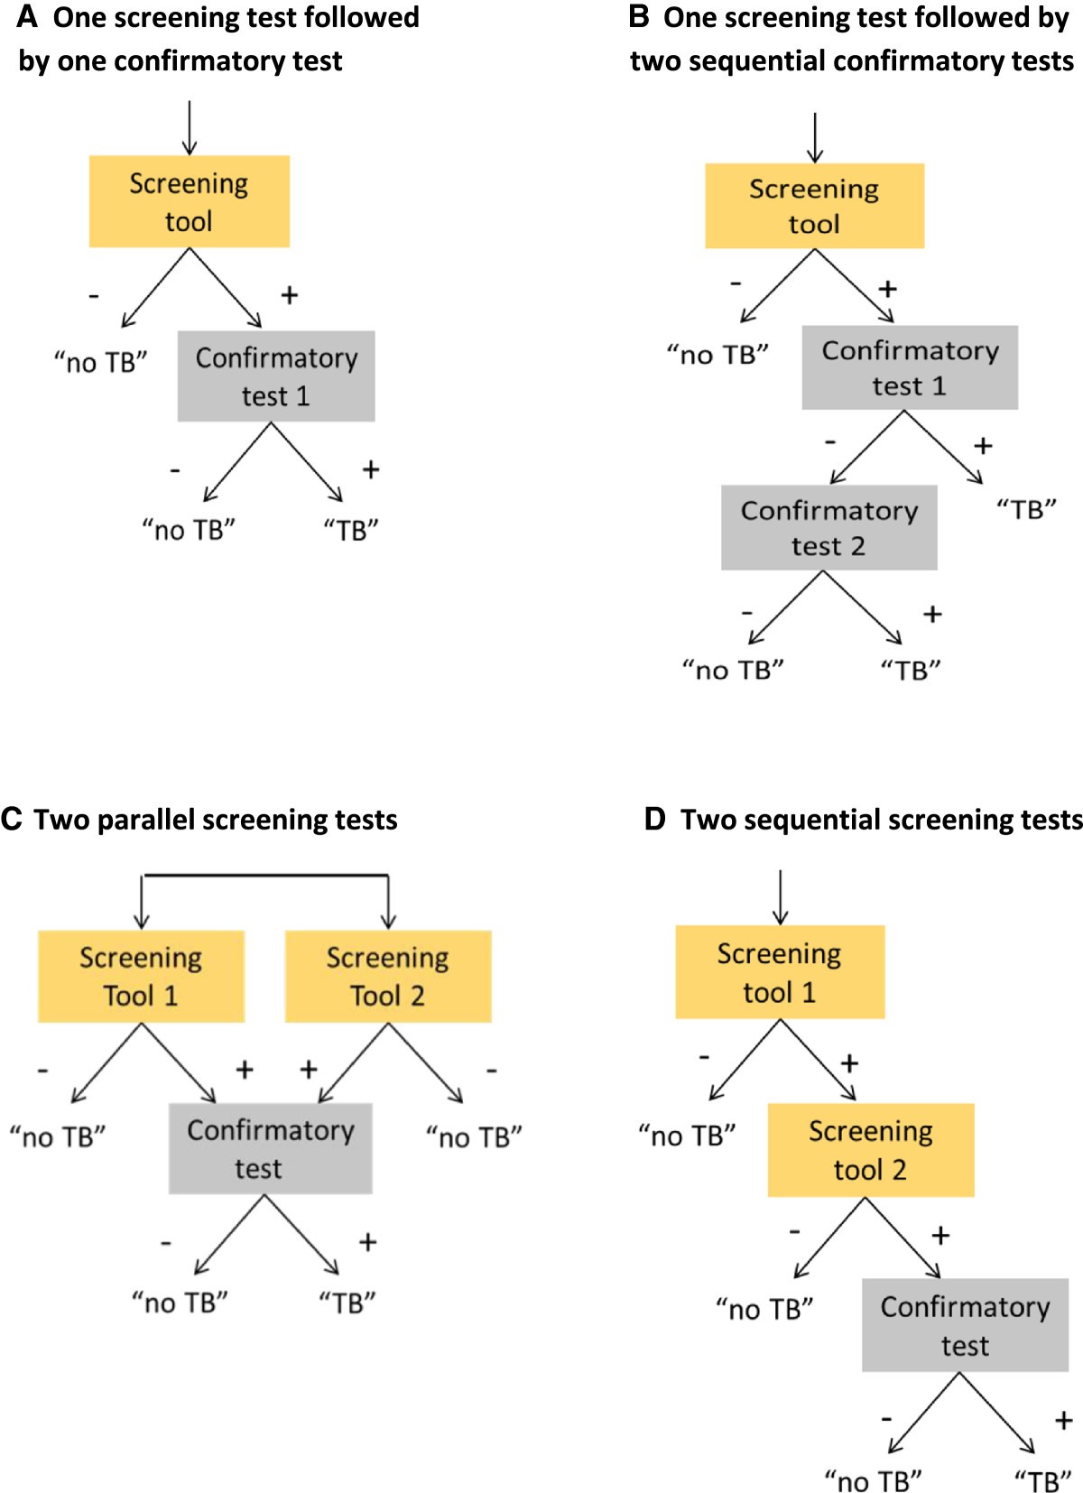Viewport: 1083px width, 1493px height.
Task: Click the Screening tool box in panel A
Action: click(189, 201)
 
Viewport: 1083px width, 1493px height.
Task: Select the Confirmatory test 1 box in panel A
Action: click(276, 376)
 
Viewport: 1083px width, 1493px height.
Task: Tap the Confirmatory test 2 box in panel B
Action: click(828, 528)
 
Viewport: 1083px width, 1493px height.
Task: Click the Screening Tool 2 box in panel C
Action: click(388, 977)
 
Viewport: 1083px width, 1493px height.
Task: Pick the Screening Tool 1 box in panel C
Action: click(141, 977)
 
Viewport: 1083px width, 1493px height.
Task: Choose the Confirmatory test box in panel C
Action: click(270, 1149)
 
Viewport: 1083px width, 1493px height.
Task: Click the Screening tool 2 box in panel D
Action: click(870, 1150)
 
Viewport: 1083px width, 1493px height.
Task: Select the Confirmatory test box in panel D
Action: click(965, 1325)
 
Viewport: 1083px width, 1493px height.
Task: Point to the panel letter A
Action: click(27, 16)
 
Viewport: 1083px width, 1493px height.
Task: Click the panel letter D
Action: click(654, 820)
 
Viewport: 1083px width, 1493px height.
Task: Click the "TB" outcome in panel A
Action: click(351, 530)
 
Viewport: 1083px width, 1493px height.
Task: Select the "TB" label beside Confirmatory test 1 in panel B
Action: click(1026, 510)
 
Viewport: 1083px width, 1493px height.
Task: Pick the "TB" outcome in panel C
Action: click(347, 1303)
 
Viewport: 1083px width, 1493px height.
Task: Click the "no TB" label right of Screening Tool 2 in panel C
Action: click(474, 1137)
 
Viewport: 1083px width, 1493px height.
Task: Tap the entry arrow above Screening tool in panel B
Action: click(814, 138)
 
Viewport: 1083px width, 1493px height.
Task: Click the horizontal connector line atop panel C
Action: click(265, 876)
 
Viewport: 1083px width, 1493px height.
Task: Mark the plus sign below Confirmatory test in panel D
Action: click(1062, 1422)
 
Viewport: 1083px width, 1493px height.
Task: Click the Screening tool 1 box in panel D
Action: click(780, 972)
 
